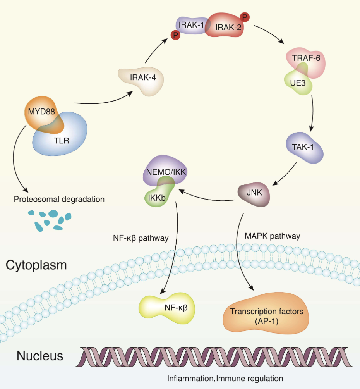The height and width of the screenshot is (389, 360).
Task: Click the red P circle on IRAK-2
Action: pyautogui.click(x=244, y=17)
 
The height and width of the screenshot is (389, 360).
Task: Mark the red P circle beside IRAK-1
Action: pyautogui.click(x=176, y=35)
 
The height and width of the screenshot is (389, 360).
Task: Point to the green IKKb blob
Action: pyautogui.click(x=157, y=197)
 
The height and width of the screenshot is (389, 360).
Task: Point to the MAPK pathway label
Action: pyautogui.click(x=273, y=236)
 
